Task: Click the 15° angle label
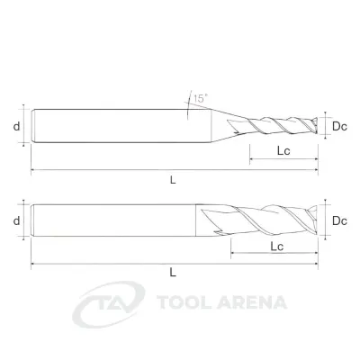201,98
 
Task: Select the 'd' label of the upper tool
16,126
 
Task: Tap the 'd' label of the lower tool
16,220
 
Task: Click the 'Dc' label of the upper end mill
339,127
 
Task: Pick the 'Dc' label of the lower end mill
339,221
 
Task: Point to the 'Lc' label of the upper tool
283,150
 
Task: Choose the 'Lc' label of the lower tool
277,247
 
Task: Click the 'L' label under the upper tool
173,180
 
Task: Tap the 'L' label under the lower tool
173,273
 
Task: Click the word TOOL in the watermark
184,302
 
